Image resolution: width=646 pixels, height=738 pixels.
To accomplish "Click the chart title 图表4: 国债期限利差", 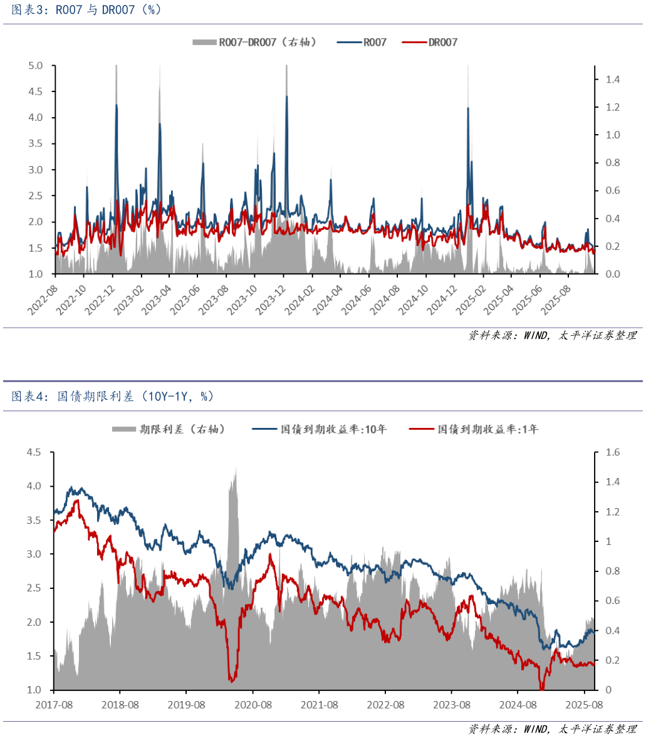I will point(113,397).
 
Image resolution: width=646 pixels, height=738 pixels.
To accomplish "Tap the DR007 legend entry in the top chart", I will point(442,43).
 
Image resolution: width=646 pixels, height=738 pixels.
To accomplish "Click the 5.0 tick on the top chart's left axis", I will point(36,66).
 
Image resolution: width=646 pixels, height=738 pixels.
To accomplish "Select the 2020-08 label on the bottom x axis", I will point(253,705).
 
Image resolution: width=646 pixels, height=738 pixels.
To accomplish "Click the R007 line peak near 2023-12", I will point(287,96).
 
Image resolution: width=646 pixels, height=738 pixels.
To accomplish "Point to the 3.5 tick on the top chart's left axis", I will point(36,144).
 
